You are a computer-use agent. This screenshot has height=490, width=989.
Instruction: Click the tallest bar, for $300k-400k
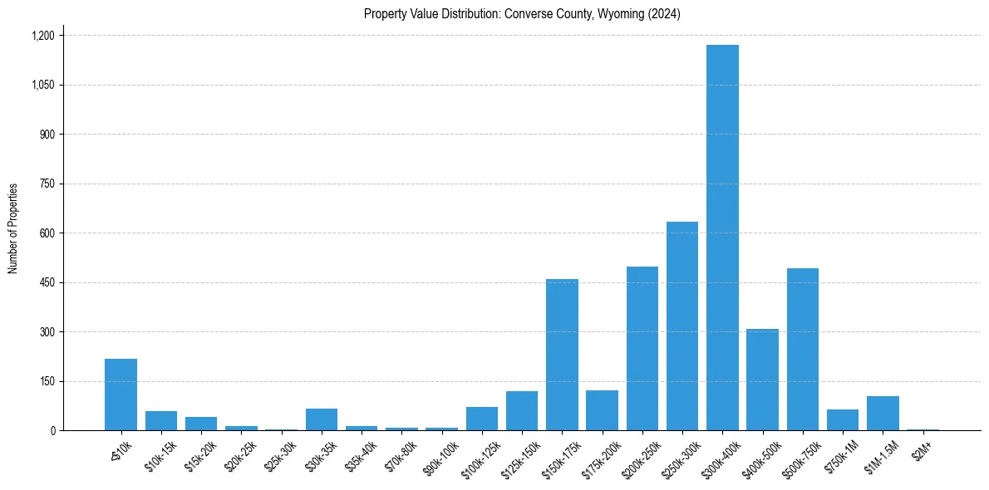point(722,238)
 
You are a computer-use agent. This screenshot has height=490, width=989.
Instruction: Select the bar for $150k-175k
point(562,355)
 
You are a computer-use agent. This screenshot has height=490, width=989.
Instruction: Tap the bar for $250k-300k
point(682,326)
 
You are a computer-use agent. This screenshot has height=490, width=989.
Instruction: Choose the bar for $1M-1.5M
point(883,414)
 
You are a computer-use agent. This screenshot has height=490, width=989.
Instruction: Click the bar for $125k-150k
point(522,411)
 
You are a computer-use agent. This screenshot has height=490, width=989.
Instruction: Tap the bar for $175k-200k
point(602,410)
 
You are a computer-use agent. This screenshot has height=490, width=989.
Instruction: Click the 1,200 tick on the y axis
point(42,36)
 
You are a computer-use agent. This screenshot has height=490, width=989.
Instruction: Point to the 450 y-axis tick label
point(47,282)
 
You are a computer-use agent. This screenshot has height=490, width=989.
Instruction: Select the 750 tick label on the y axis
point(47,184)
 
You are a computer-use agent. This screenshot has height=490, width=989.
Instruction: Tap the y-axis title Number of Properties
point(13,228)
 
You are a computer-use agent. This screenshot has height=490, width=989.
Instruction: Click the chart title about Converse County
point(522,14)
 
